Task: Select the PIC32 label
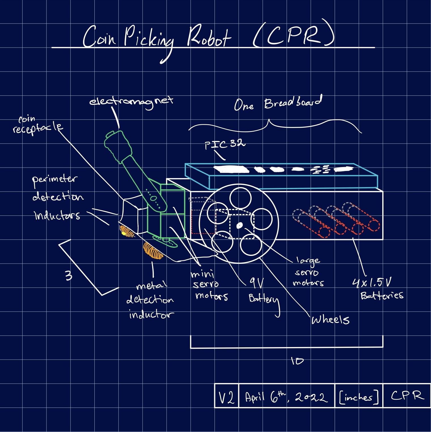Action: coord(225,144)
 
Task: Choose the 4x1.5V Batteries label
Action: coord(377,289)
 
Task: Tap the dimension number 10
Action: coord(297,361)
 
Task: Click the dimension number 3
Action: coord(69,275)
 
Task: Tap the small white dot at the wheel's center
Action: coord(239,225)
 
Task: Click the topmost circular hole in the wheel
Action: coord(240,198)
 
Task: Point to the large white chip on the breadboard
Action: coord(231,170)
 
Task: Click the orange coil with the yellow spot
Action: coord(127,231)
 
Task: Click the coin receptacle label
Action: coord(37,125)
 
